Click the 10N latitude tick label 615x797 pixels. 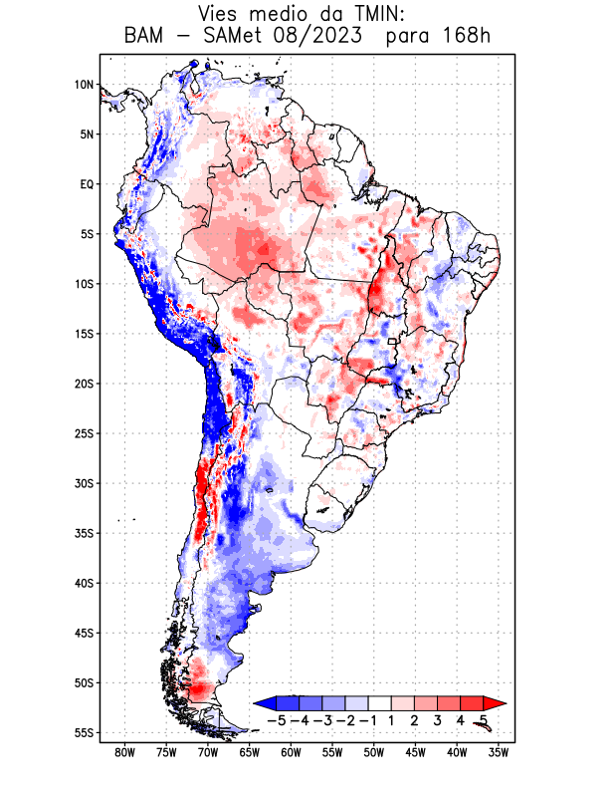click(x=84, y=85)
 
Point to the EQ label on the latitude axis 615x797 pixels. click(x=87, y=184)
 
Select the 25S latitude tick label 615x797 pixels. click(x=84, y=433)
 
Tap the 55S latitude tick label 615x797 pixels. click(x=84, y=732)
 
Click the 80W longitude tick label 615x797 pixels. click(x=125, y=752)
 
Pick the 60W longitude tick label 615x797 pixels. click(x=292, y=752)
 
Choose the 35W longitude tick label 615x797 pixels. click(x=500, y=752)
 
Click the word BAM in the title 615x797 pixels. click(x=144, y=36)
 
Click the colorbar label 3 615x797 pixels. click(x=437, y=719)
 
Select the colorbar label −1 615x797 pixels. click(x=369, y=719)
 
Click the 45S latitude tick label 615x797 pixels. click(x=84, y=633)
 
